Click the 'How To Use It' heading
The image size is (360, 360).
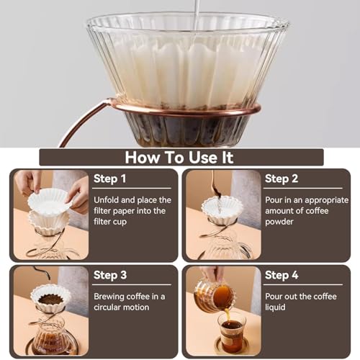click(x=179, y=158)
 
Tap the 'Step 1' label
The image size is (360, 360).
click(x=109, y=179)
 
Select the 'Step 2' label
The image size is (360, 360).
click(x=282, y=179)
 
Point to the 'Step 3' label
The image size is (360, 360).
click(x=110, y=275)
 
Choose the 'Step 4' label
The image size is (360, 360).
click(x=282, y=275)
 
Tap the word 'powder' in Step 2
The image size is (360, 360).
click(x=279, y=222)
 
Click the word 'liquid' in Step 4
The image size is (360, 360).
click(x=275, y=307)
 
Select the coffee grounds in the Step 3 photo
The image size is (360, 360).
click(x=50, y=300)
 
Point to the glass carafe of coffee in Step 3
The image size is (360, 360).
click(x=52, y=336)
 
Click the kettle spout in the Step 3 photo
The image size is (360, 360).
click(x=41, y=272)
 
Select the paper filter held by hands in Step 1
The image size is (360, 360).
click(x=50, y=202)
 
